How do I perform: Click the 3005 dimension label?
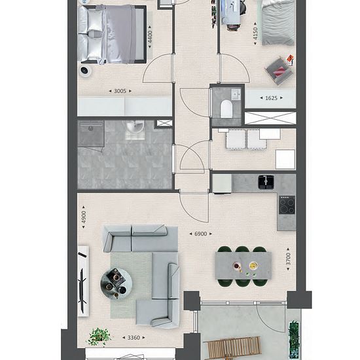pos(120,91)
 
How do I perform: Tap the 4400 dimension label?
pos(150,37)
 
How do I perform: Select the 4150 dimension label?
pos(255,33)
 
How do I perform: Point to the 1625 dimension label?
pos(271,98)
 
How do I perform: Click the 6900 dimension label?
pos(201,234)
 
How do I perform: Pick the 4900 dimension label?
pos(84,217)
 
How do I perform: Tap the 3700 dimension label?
pos(288,259)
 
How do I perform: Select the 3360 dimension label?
pos(134,338)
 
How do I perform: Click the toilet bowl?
pos(226,109)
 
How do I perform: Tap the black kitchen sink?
pos(266,182)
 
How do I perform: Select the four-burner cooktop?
pos(287,205)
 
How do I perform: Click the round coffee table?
pos(116,283)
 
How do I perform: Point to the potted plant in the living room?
pos(99,336)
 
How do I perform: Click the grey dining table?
pos(243,266)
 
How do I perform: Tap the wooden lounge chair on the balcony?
pos(232,348)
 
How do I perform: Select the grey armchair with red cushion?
pos(279,71)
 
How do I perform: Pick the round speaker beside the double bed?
pos(85,70)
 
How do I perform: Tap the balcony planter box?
pos(294,340)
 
